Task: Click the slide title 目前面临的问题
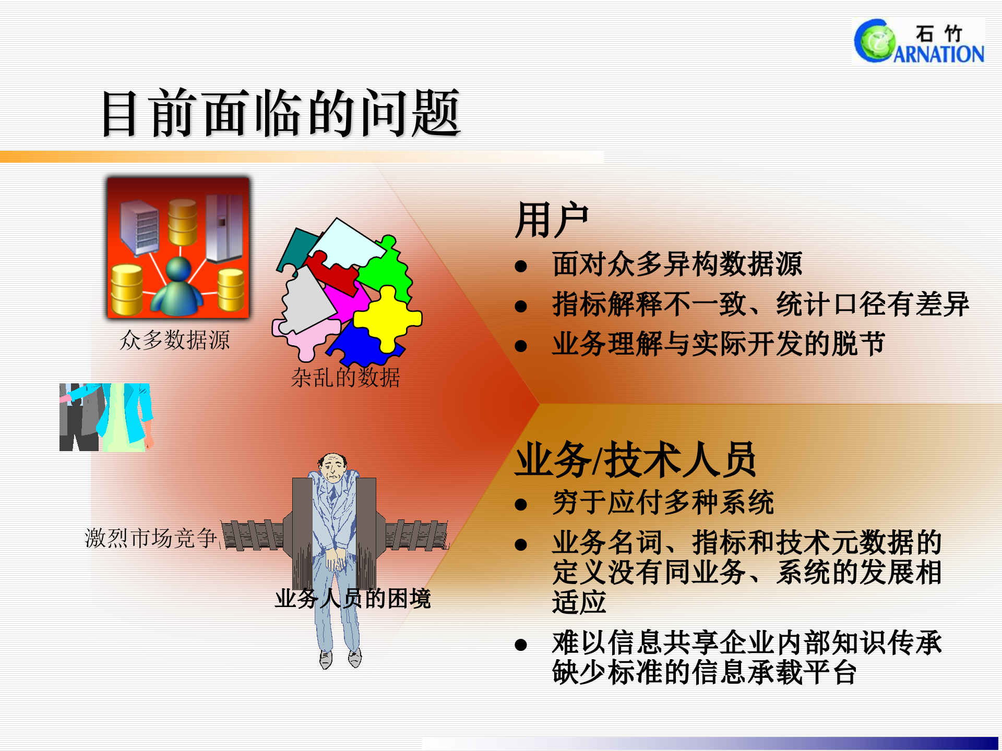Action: coord(281,113)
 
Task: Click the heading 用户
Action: coord(552,220)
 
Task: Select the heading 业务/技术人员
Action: coord(635,460)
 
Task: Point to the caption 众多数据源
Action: coord(175,340)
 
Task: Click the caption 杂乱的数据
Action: coord(345,377)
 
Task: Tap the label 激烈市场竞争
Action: coord(150,538)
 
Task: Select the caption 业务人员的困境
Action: coord(353,598)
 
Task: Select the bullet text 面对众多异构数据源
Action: coord(677,264)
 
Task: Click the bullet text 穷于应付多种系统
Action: coord(663,503)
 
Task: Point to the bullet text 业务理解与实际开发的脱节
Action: coord(719,344)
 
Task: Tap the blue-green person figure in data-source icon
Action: coord(178,289)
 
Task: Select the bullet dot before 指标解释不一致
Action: coord(521,306)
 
